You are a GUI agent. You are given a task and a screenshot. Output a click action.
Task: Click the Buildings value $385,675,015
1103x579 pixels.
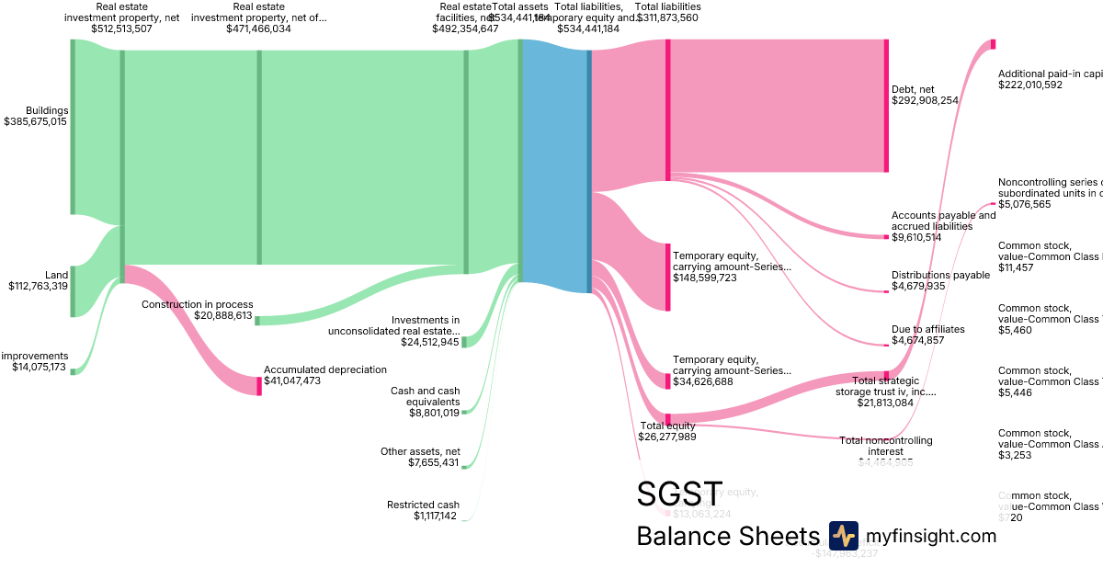[35, 121]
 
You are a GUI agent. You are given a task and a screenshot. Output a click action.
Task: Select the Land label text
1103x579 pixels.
[56, 274]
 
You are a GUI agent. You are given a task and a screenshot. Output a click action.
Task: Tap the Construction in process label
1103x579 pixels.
[197, 304]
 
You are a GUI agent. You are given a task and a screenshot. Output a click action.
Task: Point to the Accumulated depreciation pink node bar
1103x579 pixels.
[259, 386]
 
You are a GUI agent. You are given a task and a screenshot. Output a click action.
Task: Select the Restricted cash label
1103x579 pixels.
[423, 505]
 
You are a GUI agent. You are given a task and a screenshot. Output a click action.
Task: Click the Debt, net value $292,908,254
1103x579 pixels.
[938, 100]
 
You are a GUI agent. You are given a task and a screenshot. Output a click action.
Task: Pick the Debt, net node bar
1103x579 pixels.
[886, 106]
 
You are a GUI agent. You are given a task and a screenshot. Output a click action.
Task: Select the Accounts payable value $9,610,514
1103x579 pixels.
[929, 237]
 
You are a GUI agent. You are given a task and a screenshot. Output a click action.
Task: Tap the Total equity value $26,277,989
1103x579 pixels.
[666, 437]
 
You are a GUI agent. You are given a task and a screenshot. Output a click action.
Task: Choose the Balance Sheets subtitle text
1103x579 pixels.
[726, 537]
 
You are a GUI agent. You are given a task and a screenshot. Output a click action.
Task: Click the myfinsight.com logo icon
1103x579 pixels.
[843, 536]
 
